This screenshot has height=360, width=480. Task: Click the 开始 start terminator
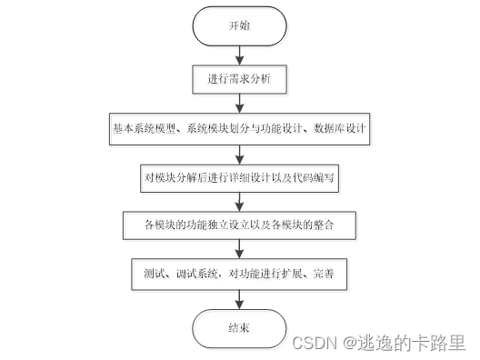pos(239,26)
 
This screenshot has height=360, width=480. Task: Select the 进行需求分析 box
pos(239,80)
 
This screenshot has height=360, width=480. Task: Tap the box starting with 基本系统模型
pos(239,128)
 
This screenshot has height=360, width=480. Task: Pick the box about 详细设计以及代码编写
pos(239,176)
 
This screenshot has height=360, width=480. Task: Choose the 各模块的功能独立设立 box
pos(239,224)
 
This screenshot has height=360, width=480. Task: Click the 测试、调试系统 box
pos(239,272)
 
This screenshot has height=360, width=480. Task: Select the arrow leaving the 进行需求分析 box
pos(239,104)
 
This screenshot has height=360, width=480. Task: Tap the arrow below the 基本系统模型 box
pos(239,152)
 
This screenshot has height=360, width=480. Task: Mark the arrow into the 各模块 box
pos(239,200)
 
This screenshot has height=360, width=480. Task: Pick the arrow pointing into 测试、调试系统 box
pos(239,247)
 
